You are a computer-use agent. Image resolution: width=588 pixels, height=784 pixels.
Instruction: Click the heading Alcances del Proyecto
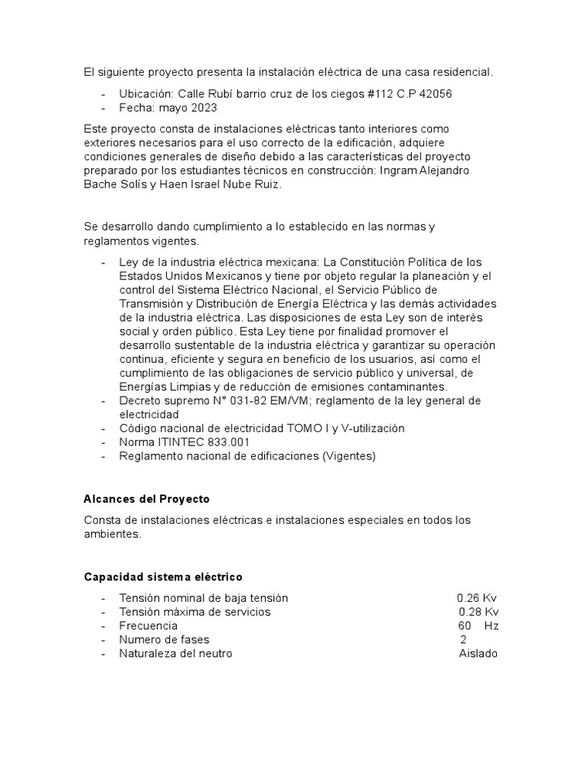point(146,499)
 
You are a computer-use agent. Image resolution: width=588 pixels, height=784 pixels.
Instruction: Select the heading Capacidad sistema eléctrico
point(162,576)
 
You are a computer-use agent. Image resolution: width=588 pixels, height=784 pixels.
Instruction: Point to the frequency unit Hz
point(492,626)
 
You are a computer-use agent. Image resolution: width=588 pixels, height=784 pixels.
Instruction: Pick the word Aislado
point(478,653)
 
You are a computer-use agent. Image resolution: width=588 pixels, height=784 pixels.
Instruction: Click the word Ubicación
point(142,93)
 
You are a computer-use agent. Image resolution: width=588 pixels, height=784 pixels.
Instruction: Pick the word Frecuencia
point(149,626)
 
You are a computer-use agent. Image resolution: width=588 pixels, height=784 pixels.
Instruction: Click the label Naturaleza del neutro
point(175,653)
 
